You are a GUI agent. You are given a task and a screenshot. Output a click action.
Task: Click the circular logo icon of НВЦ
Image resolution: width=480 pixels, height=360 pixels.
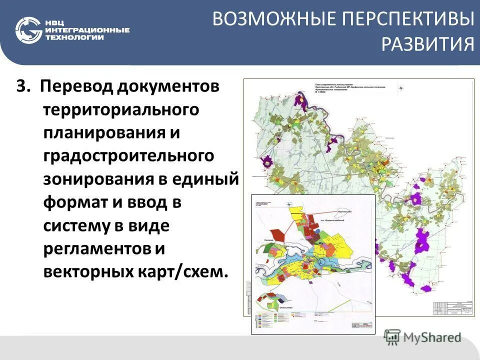(x=28, y=29)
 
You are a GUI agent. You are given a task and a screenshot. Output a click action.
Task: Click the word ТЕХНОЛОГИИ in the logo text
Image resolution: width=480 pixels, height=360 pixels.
(x=74, y=38)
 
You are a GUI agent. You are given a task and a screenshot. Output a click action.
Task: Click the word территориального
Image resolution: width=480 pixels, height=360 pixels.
(x=121, y=108)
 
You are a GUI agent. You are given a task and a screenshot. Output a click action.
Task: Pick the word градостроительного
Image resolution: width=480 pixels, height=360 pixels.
(x=128, y=155)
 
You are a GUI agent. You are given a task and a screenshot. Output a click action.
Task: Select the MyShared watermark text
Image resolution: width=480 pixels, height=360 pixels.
(x=432, y=337)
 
